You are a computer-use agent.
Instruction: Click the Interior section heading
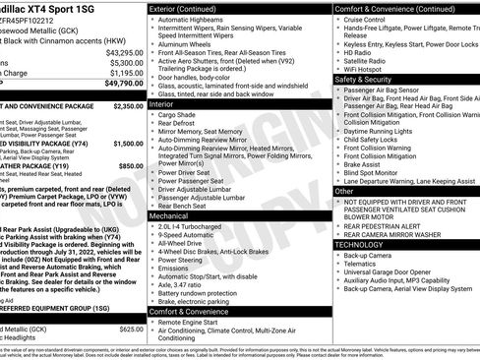(x=161, y=102)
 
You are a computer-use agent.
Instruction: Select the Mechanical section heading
(x=169, y=214)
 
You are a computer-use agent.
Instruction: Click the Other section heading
(x=345, y=191)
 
